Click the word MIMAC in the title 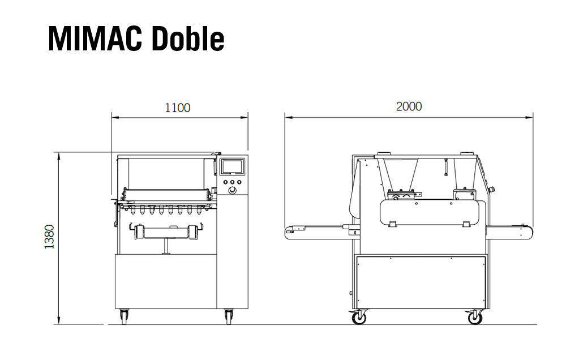95,38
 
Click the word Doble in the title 188,38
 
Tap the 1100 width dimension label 178,108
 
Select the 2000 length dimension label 409,106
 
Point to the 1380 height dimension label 49,237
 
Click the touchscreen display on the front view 231,167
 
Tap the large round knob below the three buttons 232,190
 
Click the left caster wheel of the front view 123,316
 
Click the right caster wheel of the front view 229,316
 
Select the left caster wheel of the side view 358,318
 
